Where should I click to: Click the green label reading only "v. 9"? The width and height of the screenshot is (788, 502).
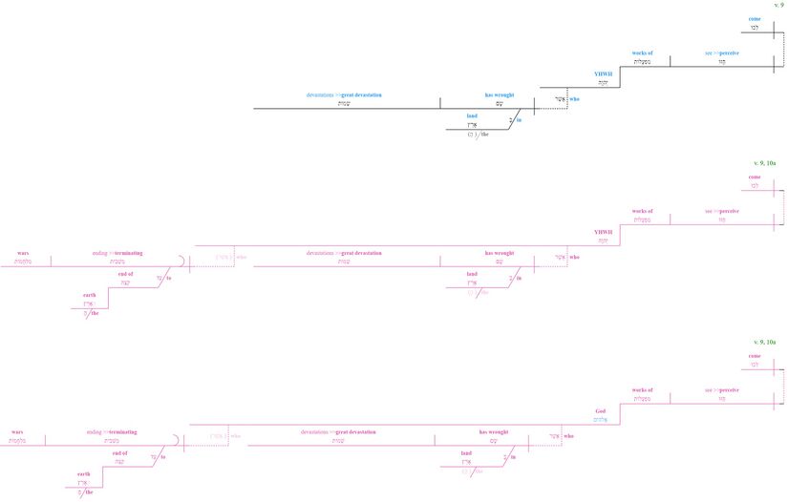[779, 6]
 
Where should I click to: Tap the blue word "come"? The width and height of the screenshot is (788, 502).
[755, 18]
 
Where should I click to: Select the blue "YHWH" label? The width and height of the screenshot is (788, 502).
[602, 73]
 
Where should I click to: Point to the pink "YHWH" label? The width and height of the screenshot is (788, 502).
[602, 231]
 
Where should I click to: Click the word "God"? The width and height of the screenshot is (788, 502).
[600, 409]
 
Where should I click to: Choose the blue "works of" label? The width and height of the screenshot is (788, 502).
[642, 52]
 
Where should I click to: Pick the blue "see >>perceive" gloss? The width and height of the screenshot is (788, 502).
[722, 52]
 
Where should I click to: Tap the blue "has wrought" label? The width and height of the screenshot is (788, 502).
[500, 95]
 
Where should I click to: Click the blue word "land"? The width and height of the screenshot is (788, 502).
[472, 115]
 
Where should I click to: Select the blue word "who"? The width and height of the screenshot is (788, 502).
[575, 98]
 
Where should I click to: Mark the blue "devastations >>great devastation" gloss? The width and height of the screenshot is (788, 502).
[344, 95]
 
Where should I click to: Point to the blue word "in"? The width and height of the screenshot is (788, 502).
[520, 121]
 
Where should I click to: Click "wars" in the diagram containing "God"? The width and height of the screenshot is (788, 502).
[17, 431]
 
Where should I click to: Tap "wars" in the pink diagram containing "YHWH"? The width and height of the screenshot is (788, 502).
[23, 253]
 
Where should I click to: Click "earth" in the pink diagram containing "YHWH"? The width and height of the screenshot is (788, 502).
[89, 295]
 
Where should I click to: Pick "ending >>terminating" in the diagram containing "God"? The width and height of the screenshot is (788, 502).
[112, 431]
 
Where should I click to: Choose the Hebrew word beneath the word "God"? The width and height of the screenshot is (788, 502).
[600, 418]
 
